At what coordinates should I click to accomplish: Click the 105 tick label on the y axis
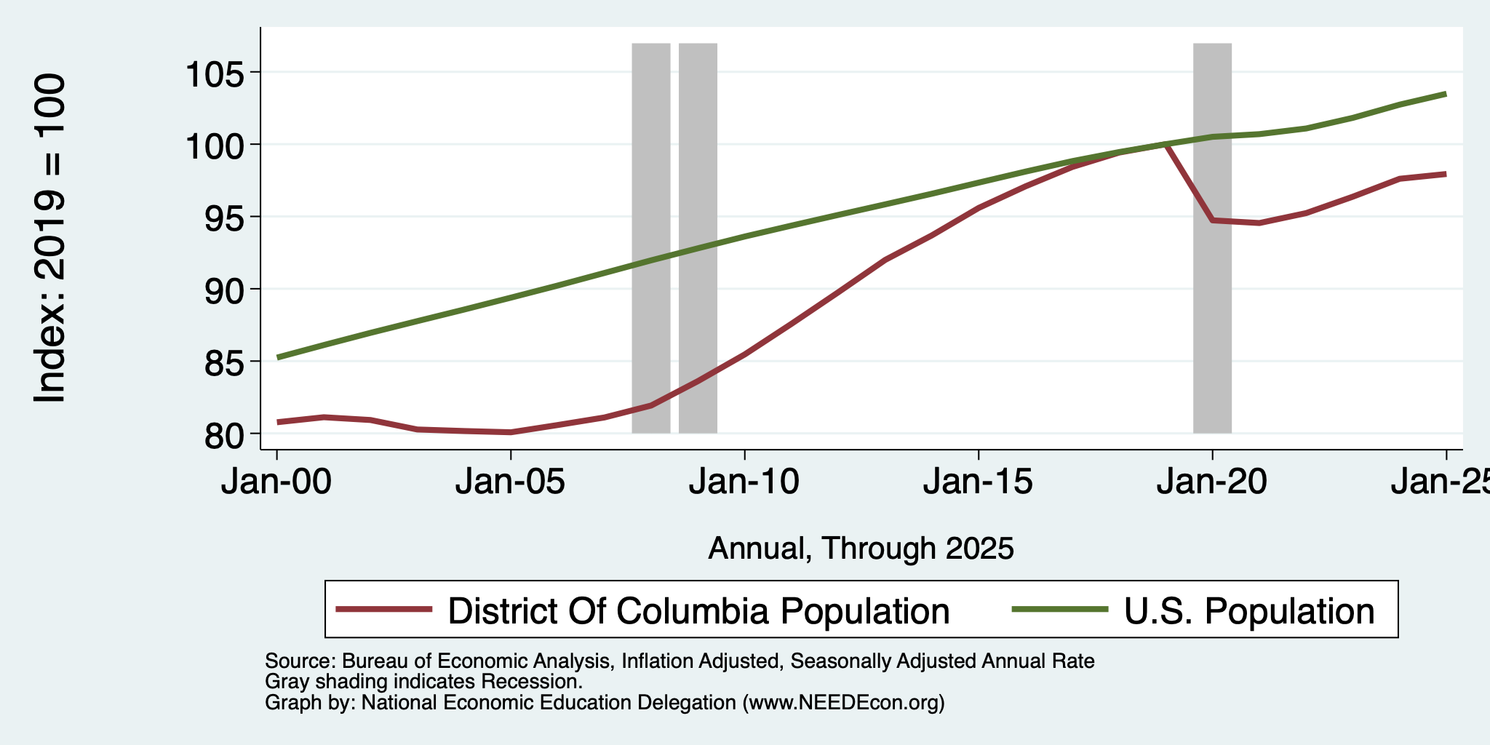217,73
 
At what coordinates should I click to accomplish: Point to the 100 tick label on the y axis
217,145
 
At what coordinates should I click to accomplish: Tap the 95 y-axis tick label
226,217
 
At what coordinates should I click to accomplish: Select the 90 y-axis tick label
226,290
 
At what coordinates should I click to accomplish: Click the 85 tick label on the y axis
226,362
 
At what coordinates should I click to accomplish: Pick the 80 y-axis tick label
226,434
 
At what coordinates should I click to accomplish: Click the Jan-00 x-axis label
276,482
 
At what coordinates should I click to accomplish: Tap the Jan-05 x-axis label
511,482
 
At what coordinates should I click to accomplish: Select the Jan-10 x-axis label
744,482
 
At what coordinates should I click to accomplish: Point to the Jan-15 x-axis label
979,482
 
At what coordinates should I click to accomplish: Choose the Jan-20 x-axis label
1212,482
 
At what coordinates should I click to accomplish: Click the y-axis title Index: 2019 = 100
51,239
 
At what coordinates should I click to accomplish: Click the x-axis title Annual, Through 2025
861,549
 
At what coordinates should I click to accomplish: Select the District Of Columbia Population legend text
698,611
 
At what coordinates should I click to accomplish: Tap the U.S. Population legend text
1249,611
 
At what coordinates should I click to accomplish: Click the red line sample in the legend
384,610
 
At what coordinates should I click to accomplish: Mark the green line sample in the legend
1061,610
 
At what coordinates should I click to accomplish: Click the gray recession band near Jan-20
1212,239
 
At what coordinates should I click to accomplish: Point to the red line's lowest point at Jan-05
511,432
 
